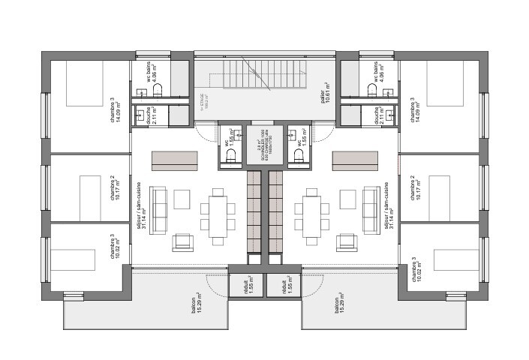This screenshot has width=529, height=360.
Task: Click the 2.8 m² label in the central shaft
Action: point(265,140)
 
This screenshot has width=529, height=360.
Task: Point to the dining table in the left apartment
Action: point(218,214)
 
